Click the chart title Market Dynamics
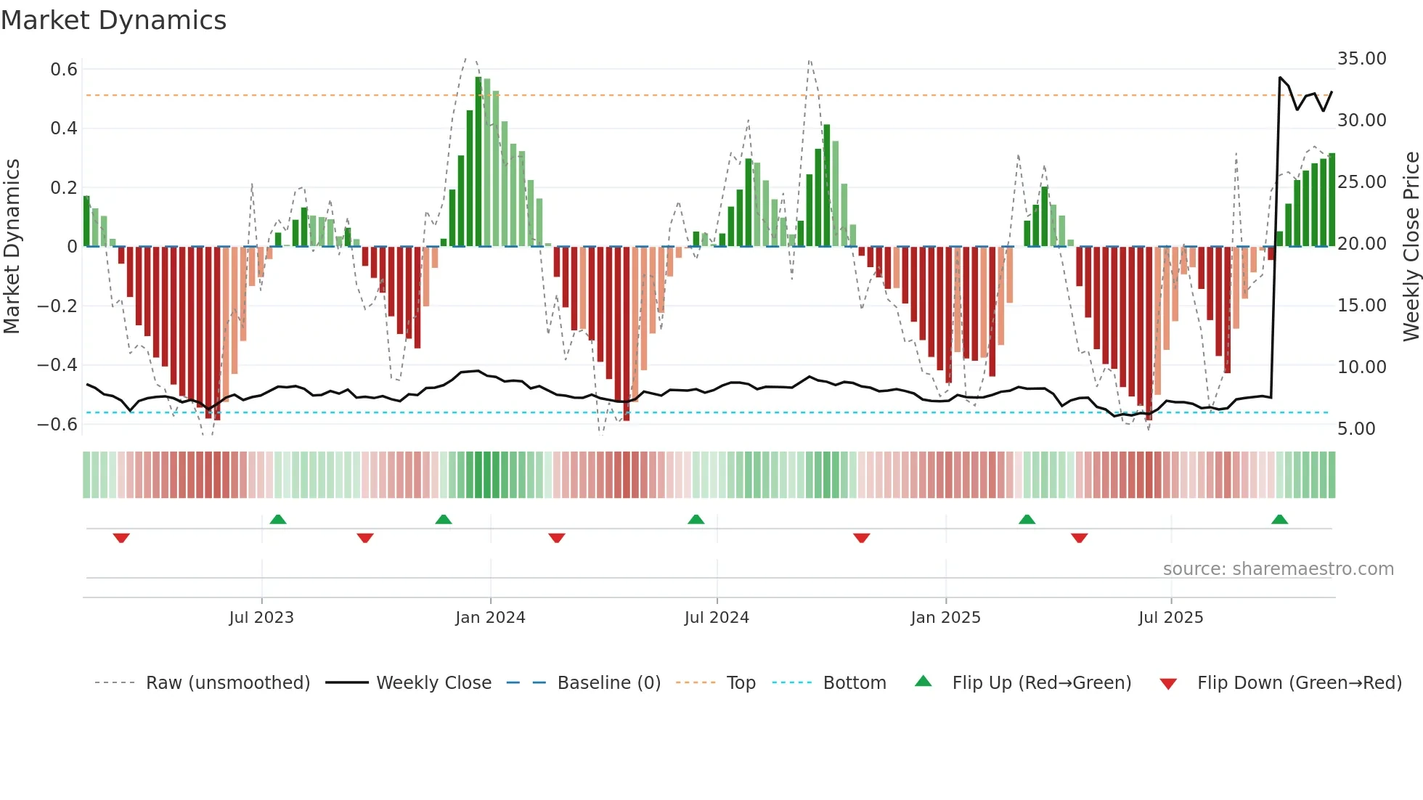tap(113, 20)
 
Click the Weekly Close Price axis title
tap(1411, 246)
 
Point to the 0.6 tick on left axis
tap(64, 70)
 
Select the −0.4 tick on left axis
tap(57, 365)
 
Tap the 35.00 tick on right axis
tap(1361, 59)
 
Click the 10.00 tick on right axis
tap(1361, 367)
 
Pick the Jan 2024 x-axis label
tap(490, 618)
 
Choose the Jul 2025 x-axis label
tap(1170, 618)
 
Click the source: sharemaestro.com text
tap(1278, 569)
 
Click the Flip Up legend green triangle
tap(923, 681)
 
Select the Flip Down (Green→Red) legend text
tap(1299, 683)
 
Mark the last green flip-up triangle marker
tap(1279, 519)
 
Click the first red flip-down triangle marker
tap(121, 538)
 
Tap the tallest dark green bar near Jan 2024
tap(478, 160)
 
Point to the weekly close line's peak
tap(1280, 78)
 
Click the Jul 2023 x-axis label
tap(261, 618)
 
